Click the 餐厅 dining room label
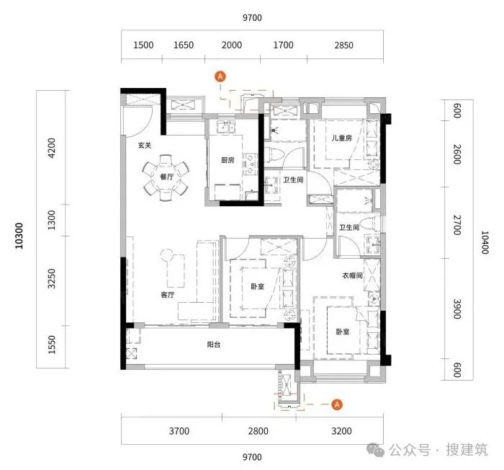(166, 177)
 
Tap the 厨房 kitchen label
(228, 160)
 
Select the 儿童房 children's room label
(342, 138)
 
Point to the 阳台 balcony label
(214, 345)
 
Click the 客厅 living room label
(168, 295)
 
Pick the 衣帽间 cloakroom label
(352, 275)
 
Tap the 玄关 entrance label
(145, 146)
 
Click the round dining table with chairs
(166, 177)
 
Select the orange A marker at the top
(220, 76)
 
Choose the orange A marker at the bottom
(337, 404)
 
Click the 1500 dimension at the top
(143, 45)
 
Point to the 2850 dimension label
(343, 45)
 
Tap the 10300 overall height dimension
(19, 236)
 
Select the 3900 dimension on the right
(457, 309)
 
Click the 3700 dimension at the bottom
(179, 431)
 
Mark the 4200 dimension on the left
(51, 148)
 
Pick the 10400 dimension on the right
(485, 242)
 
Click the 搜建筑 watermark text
(467, 449)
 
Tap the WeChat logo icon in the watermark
(375, 449)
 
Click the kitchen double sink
(226, 127)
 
